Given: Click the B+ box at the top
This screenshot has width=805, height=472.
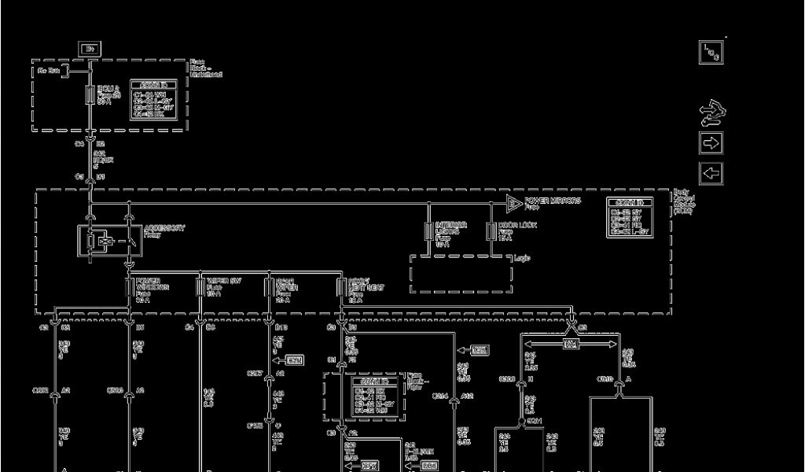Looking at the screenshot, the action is [89, 49].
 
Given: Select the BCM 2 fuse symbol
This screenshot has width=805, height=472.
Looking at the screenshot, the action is [90, 96].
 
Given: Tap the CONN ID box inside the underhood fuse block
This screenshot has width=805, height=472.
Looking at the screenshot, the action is [153, 100].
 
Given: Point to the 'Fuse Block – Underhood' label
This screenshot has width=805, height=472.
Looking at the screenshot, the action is [205, 68].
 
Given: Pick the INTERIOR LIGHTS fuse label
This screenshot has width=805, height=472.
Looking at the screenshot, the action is [450, 232].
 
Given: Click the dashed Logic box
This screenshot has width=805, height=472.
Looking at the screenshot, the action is [460, 274].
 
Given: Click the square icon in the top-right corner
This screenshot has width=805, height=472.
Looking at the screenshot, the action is [711, 53].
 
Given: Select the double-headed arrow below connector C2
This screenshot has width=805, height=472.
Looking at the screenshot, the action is [571, 344].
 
